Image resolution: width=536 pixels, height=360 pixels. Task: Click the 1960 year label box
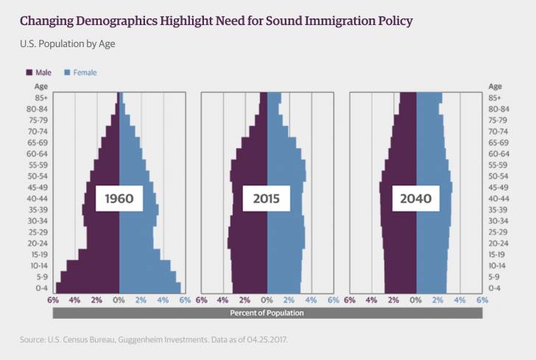click(x=119, y=199)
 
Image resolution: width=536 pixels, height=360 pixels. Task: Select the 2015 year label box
click(x=267, y=199)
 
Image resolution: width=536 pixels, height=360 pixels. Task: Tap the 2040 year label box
click(x=416, y=199)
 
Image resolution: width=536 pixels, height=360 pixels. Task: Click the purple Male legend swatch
click(x=29, y=73)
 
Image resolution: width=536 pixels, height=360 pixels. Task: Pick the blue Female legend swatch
click(x=66, y=73)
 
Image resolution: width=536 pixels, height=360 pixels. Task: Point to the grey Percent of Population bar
click(x=267, y=313)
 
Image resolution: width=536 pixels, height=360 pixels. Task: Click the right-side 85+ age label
click(x=494, y=98)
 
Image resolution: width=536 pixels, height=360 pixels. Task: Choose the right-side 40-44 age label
click(x=498, y=199)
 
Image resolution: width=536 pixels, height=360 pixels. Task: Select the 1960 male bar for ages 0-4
click(x=88, y=288)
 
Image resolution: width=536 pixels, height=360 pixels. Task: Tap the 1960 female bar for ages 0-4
click(x=150, y=288)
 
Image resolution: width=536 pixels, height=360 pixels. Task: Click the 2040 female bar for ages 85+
click(x=429, y=98)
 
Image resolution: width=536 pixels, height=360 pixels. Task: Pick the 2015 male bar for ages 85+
click(x=264, y=98)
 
